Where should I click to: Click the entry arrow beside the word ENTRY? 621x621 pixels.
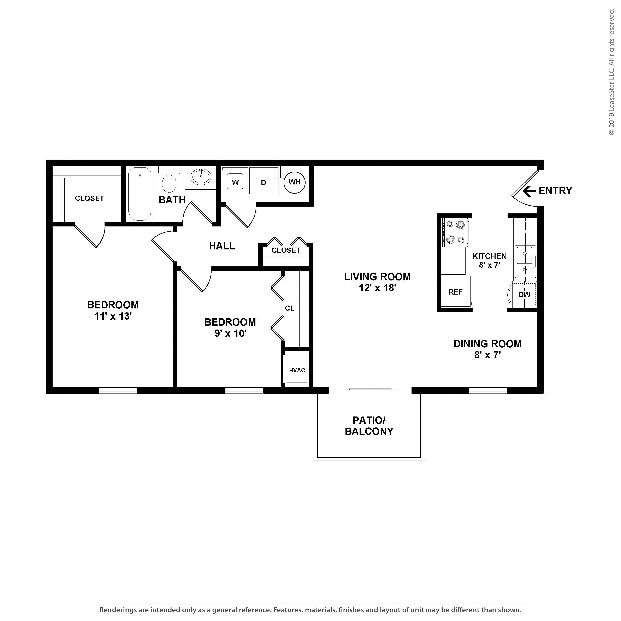pos(529,191)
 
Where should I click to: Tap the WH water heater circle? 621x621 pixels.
pos(294,182)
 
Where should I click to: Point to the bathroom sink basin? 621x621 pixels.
pos(201,176)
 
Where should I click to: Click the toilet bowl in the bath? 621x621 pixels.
pos(169,183)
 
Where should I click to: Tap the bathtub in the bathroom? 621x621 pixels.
pos(140,194)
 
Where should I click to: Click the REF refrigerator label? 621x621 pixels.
pos(455,292)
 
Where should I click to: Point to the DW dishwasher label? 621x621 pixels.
pos(524,294)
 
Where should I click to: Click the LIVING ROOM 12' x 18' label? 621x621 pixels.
pos(377,282)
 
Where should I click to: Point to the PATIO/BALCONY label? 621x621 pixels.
pos(369,426)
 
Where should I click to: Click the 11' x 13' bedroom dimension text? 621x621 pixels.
pos(113,316)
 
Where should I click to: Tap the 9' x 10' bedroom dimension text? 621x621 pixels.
pos(230,334)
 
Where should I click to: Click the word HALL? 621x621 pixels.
pos(222,246)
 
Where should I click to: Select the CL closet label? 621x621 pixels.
pos(290,308)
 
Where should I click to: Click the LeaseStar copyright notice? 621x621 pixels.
pos(611,72)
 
